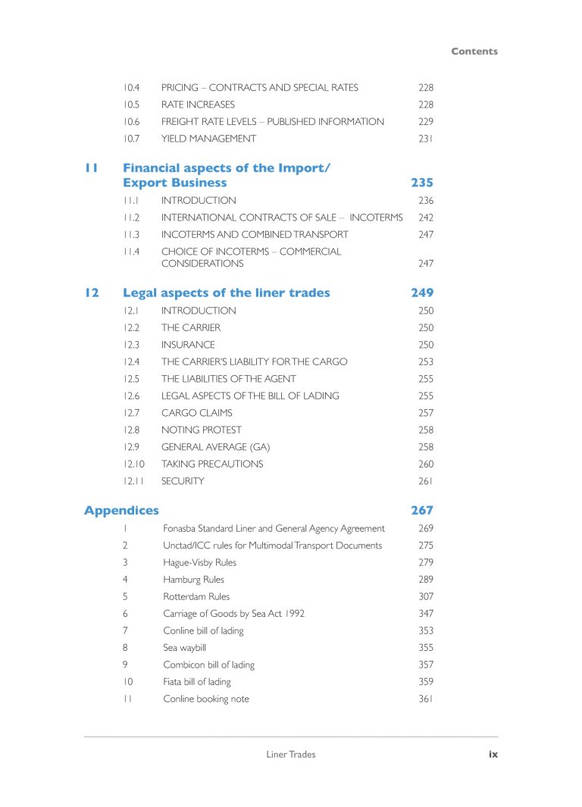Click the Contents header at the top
tap(474, 52)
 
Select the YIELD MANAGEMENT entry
tap(208, 139)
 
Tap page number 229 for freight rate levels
tap(425, 121)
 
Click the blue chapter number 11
tap(91, 168)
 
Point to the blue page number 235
tap(422, 183)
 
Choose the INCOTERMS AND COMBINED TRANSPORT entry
tap(255, 235)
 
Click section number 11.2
tap(131, 217)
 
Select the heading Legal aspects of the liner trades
tap(226, 292)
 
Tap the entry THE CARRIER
tap(191, 327)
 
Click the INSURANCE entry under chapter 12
tap(188, 345)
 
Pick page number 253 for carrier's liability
tap(425, 361)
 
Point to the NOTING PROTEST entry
tap(202, 430)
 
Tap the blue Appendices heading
tap(121, 511)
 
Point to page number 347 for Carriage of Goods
tap(425, 614)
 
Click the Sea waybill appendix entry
tap(184, 648)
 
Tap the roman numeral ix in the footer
tap(493, 754)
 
